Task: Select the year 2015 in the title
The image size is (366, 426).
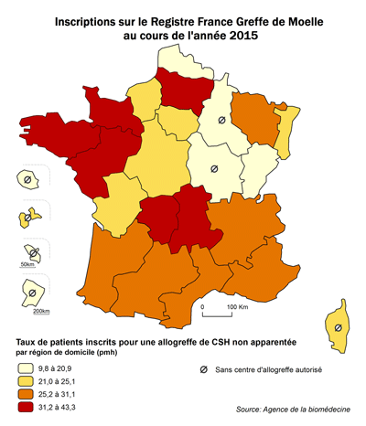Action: point(241,35)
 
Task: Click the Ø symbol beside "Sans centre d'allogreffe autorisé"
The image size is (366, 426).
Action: point(202,370)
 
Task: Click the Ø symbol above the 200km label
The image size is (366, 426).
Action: point(30,293)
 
